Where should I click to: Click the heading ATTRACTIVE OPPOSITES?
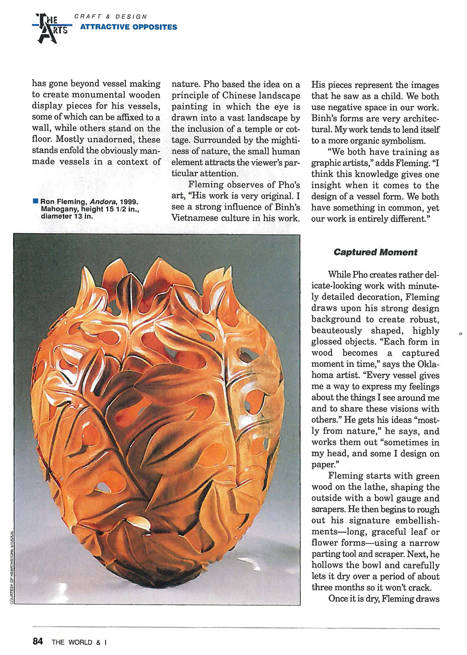[128, 27]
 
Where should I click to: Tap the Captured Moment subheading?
[375, 252]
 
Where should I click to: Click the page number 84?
[38, 641]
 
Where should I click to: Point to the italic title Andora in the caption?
[102, 202]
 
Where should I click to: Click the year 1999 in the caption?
[129, 202]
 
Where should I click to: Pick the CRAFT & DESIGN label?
[111, 17]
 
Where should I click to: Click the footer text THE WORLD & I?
[79, 642]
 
